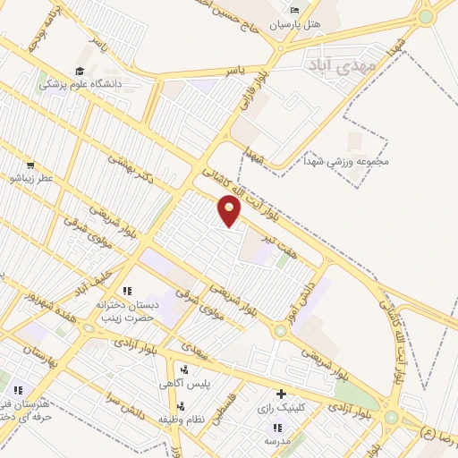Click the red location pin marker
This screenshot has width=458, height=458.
coord(230,211)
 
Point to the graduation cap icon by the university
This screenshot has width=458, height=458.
coord(79,71)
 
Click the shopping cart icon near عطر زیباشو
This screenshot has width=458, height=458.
coord(30,165)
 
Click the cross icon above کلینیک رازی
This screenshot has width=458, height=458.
coord(282,394)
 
